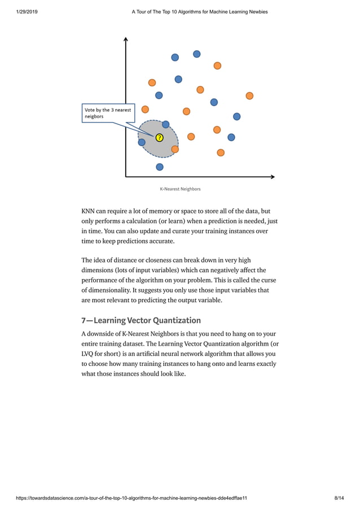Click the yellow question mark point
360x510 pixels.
159,137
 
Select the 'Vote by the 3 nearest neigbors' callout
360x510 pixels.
106,113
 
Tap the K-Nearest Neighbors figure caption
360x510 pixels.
180,189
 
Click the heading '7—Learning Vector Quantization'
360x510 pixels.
141,320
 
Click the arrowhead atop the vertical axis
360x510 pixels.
125,40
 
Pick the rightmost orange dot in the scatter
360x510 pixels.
249,96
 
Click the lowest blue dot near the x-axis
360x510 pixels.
160,167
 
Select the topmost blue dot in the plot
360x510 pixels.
196,54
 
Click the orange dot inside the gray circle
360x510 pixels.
175,149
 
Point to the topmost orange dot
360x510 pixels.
217,66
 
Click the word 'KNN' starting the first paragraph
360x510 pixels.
88,211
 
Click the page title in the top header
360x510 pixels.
199,12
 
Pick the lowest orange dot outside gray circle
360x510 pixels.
221,152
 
